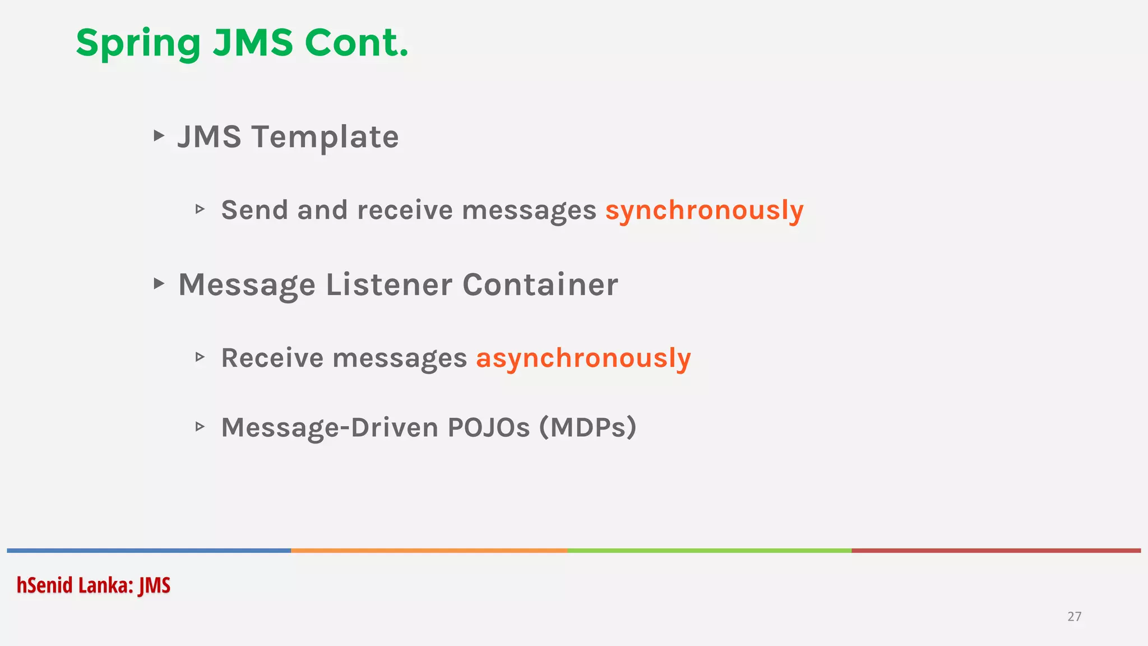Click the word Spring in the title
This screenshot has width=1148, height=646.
coord(138,44)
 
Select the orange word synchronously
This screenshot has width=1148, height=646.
coord(704,211)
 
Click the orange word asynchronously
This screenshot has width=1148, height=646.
coord(583,358)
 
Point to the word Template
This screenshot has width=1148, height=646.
coord(325,137)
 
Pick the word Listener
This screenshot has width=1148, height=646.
coord(388,284)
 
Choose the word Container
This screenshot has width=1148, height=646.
coord(540,284)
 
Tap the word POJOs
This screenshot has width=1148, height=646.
coord(488,427)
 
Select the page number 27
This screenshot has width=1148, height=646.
coord(1074,616)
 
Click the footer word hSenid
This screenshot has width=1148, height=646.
coord(44,585)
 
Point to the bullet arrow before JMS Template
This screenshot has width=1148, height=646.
coord(159,136)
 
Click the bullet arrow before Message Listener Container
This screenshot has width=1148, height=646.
coord(159,283)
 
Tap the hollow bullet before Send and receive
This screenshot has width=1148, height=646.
coord(200,209)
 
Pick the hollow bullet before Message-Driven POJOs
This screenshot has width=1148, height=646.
coord(200,427)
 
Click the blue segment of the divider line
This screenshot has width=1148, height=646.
coord(149,551)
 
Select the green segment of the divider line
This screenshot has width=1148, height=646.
coord(709,551)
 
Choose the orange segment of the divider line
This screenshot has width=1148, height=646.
coord(429,551)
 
